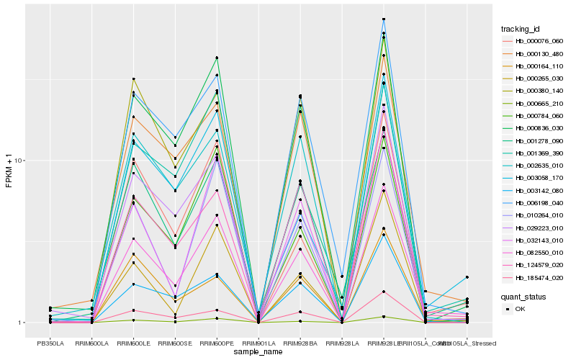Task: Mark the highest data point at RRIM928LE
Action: pyautogui.click(x=384, y=19)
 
